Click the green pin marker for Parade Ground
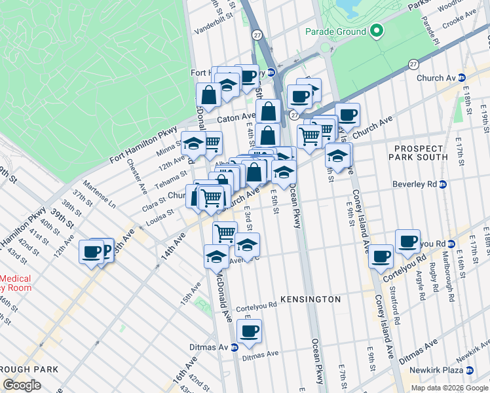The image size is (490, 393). coord(376,31)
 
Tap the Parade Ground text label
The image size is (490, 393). coord(336,31)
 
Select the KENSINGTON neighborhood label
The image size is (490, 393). coord(311,299)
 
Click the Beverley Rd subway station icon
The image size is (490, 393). coord(442,185)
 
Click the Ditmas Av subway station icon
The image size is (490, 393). coord(235,347)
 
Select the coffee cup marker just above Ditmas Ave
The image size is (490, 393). coord(249,331)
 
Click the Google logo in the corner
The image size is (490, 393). coord(22,384)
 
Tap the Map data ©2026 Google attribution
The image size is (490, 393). coord(449,388)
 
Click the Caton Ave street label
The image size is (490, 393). coord(236,119)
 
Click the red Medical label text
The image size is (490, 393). coord(16,278)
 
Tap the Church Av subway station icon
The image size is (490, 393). coord(462,78)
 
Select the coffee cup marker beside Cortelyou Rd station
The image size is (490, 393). coord(407,241)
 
